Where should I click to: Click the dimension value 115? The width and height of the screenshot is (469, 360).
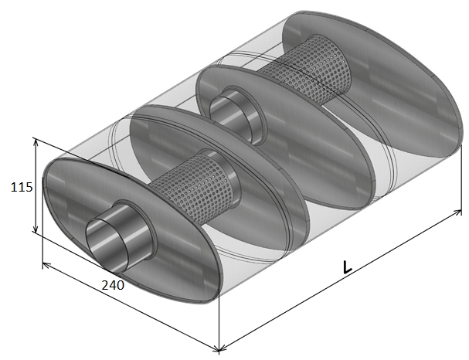[22, 187]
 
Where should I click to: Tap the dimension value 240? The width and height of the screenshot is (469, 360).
[113, 285]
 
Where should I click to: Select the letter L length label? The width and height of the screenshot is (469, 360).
[347, 267]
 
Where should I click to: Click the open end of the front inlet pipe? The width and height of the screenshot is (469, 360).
[107, 243]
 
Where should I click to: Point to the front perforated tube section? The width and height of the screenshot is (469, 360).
[195, 188]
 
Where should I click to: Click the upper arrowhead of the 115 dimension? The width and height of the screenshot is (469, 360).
[36, 141]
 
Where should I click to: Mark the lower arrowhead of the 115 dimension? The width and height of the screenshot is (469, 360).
[36, 229]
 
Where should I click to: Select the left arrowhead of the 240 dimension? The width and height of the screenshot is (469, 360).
[46, 266]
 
